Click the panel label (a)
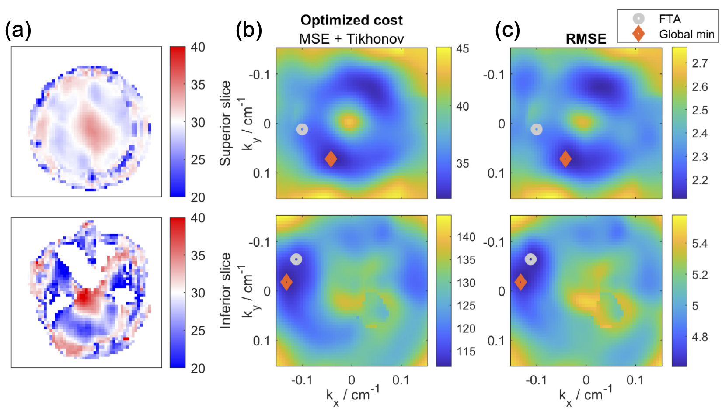[x=18, y=31]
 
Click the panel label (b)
[x=248, y=31]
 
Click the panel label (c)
[x=507, y=31]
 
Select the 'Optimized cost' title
[x=352, y=21]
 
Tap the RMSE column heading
[x=586, y=39]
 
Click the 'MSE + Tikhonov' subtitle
[x=352, y=39]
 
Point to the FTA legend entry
[x=670, y=19]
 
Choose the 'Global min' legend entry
[x=686, y=35]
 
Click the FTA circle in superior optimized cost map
[x=302, y=129]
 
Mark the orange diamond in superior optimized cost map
[x=331, y=159]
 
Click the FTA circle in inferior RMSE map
[x=530, y=259]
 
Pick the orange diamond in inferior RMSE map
[x=520, y=282]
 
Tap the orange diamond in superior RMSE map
[x=565, y=159]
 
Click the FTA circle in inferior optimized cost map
[x=296, y=259]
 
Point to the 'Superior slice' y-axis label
[x=225, y=123]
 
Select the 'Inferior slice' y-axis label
[x=225, y=290]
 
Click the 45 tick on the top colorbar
[x=462, y=49]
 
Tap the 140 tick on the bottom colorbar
[x=466, y=237]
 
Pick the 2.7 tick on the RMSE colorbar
[x=700, y=64]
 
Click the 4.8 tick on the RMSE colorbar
[x=700, y=337]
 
